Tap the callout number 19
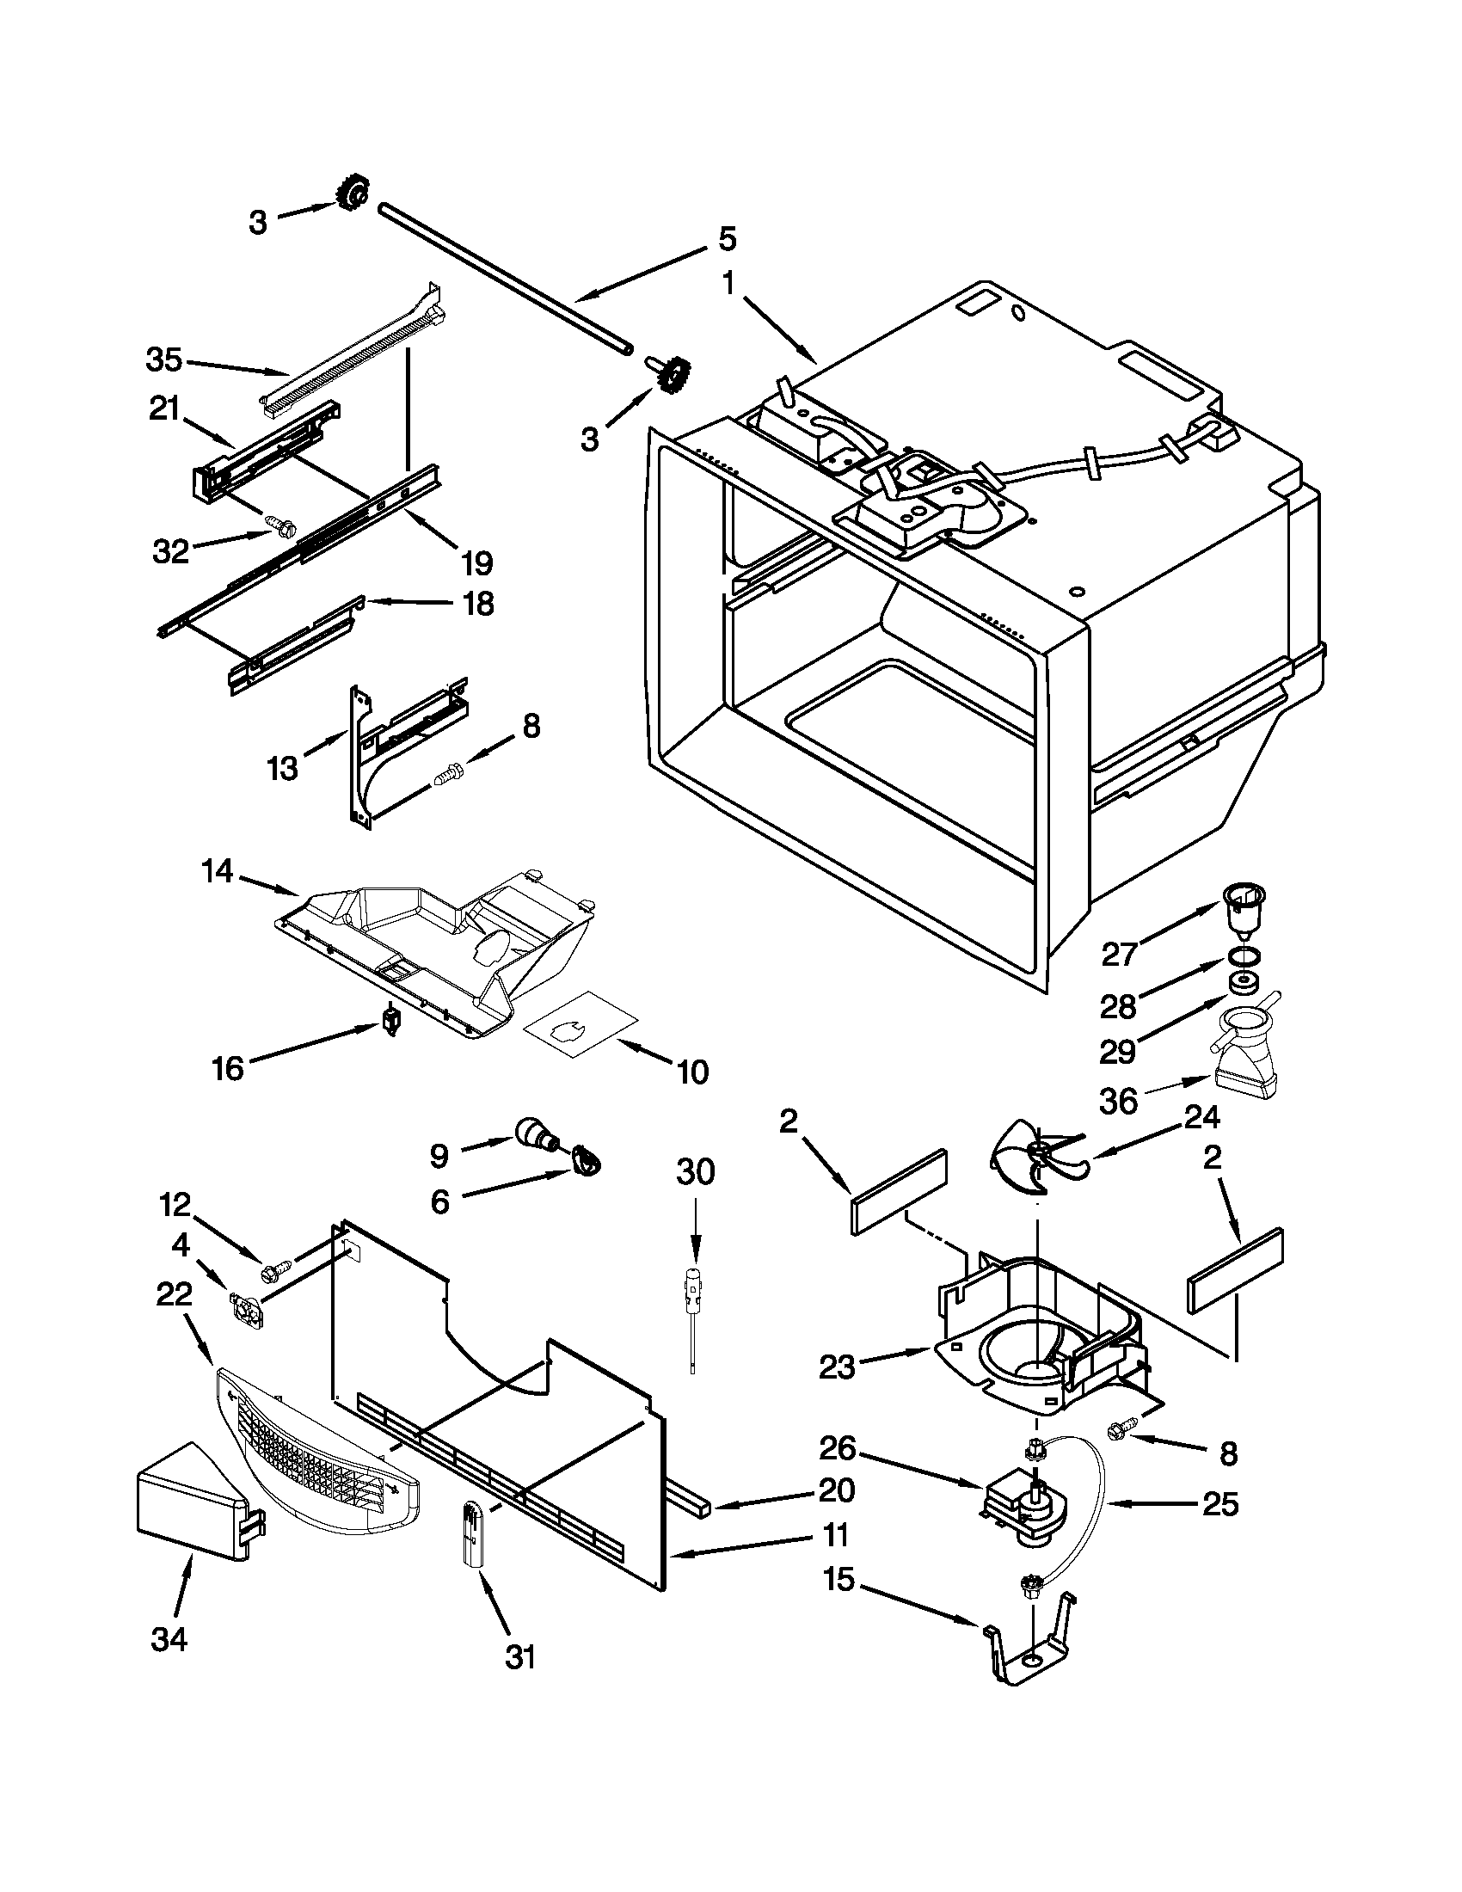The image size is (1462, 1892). coord(476,562)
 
